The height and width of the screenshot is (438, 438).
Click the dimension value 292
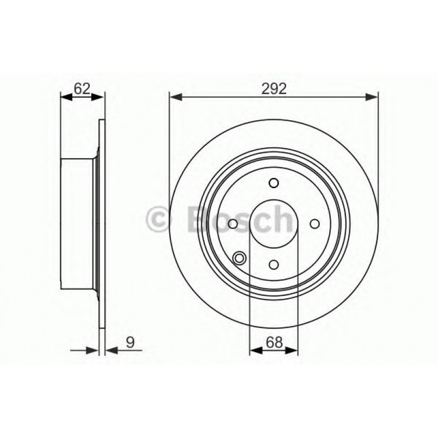(274, 88)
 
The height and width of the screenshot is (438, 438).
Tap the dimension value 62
(81, 88)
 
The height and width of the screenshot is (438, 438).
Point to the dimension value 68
(273, 342)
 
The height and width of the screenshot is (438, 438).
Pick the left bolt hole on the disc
(233, 224)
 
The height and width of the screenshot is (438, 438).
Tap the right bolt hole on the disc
(314, 224)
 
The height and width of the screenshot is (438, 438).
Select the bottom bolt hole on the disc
(274, 264)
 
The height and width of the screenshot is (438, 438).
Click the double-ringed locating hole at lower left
(238, 258)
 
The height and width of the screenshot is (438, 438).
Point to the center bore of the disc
(274, 224)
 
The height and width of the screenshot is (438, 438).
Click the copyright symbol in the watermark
(159, 219)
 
